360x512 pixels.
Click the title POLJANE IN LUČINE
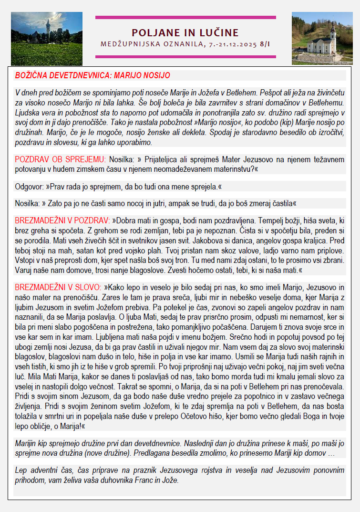coord(185,32)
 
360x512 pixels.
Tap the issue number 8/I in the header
coord(265,44)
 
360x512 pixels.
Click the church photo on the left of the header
coord(46,39)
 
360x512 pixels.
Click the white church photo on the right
coord(323,39)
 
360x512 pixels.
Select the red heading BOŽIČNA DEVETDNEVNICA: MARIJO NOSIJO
coord(93,75)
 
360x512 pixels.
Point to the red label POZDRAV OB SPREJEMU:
coord(60,159)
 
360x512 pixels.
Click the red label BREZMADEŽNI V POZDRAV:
coord(62,221)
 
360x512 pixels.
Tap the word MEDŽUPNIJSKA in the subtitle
coord(129,44)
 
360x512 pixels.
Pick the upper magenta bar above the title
coord(185,18)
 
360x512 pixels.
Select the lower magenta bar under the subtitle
coord(185,56)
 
